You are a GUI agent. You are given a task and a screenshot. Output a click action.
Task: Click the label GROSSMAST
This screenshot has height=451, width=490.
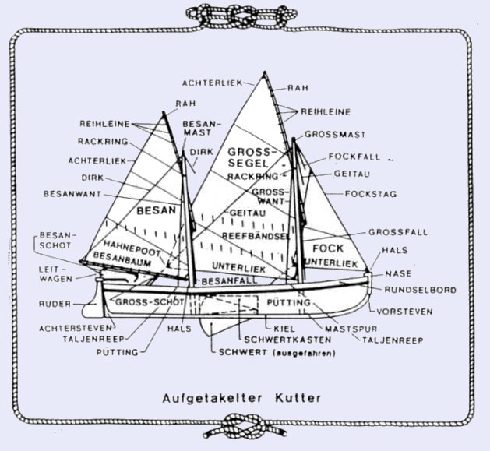[330, 134]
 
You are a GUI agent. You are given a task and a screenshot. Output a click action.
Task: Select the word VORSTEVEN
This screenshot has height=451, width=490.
[405, 311]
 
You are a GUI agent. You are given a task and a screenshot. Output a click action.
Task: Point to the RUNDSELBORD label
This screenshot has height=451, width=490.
[421, 290]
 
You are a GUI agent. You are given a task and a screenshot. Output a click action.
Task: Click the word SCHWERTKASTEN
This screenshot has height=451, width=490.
[279, 340]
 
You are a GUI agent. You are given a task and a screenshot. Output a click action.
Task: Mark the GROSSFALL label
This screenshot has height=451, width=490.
[395, 232]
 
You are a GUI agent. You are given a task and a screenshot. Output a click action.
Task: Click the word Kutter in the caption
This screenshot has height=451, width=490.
[298, 398]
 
